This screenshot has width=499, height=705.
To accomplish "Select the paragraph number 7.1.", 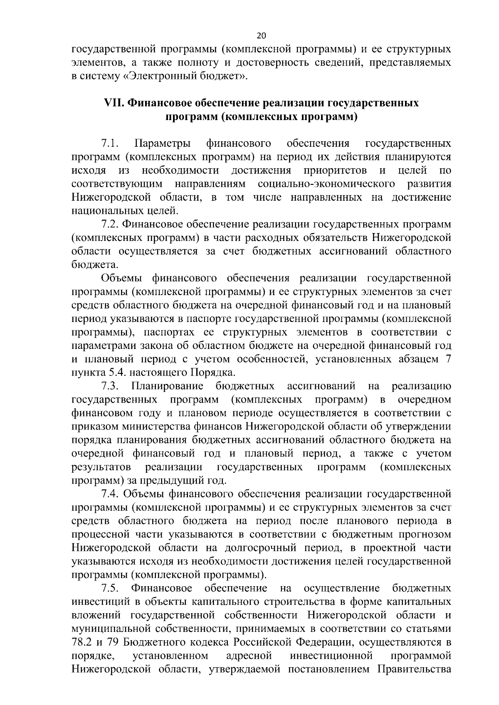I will click(x=110, y=144).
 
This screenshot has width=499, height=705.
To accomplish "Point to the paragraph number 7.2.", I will click(x=110, y=225).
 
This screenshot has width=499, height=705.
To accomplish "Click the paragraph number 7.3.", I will click(x=110, y=386).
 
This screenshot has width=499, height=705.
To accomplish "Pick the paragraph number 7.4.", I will click(x=110, y=494).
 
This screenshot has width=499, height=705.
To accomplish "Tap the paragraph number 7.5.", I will click(x=110, y=588).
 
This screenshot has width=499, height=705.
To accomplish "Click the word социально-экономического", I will click(x=326, y=184).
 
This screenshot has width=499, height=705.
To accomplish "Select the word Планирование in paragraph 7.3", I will click(x=167, y=386).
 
